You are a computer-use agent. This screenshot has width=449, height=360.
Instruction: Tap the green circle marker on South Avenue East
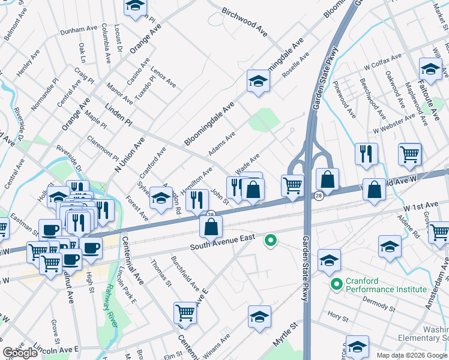point(271,241)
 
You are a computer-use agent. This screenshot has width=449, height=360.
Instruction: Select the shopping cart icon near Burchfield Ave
point(185,312)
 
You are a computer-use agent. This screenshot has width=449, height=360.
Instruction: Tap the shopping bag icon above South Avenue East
point(211,227)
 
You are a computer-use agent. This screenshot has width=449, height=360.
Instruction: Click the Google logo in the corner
point(20,353)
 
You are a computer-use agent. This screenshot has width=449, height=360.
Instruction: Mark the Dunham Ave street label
point(79,28)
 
